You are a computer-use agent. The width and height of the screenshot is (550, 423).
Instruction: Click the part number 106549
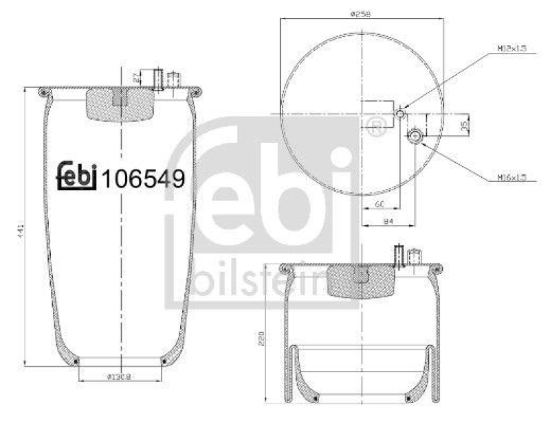(x=143, y=179)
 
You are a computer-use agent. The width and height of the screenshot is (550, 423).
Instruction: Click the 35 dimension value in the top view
(x=463, y=125)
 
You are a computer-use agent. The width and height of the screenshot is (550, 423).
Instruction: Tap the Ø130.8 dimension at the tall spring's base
(x=121, y=376)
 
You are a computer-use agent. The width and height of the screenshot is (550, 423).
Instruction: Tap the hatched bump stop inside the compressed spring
(x=360, y=281)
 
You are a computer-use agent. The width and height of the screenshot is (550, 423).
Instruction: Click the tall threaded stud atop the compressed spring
(x=397, y=255)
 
